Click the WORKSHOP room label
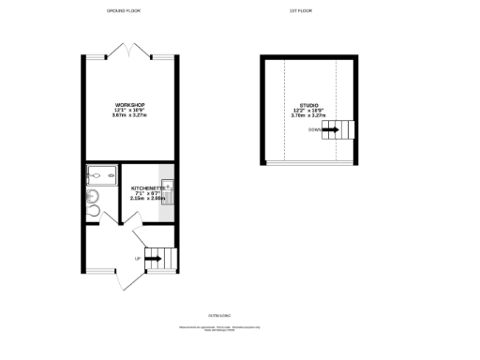pos(128,103)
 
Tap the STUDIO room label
pos(309,105)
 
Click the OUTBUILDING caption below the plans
pos(217,314)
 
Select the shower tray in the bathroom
pos(99,174)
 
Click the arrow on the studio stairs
pos(331,129)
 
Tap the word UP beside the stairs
pos(137,258)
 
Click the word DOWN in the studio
pos(314,129)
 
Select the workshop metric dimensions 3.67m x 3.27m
pos(128,114)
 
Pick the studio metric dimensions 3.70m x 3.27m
pos(309,116)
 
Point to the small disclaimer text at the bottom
pos(217,330)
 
